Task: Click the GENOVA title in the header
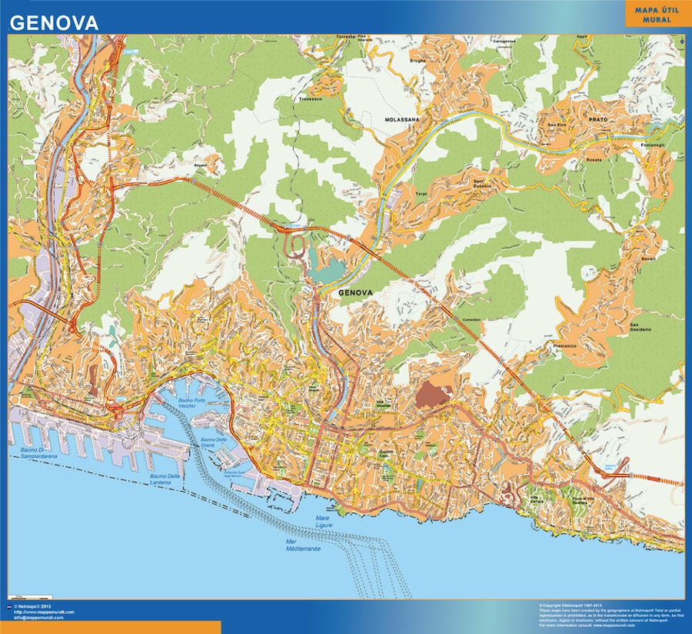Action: click(x=54, y=23)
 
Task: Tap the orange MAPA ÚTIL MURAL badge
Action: click(x=654, y=13)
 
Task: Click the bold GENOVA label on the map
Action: click(x=355, y=293)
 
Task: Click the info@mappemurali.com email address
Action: click(x=43, y=618)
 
